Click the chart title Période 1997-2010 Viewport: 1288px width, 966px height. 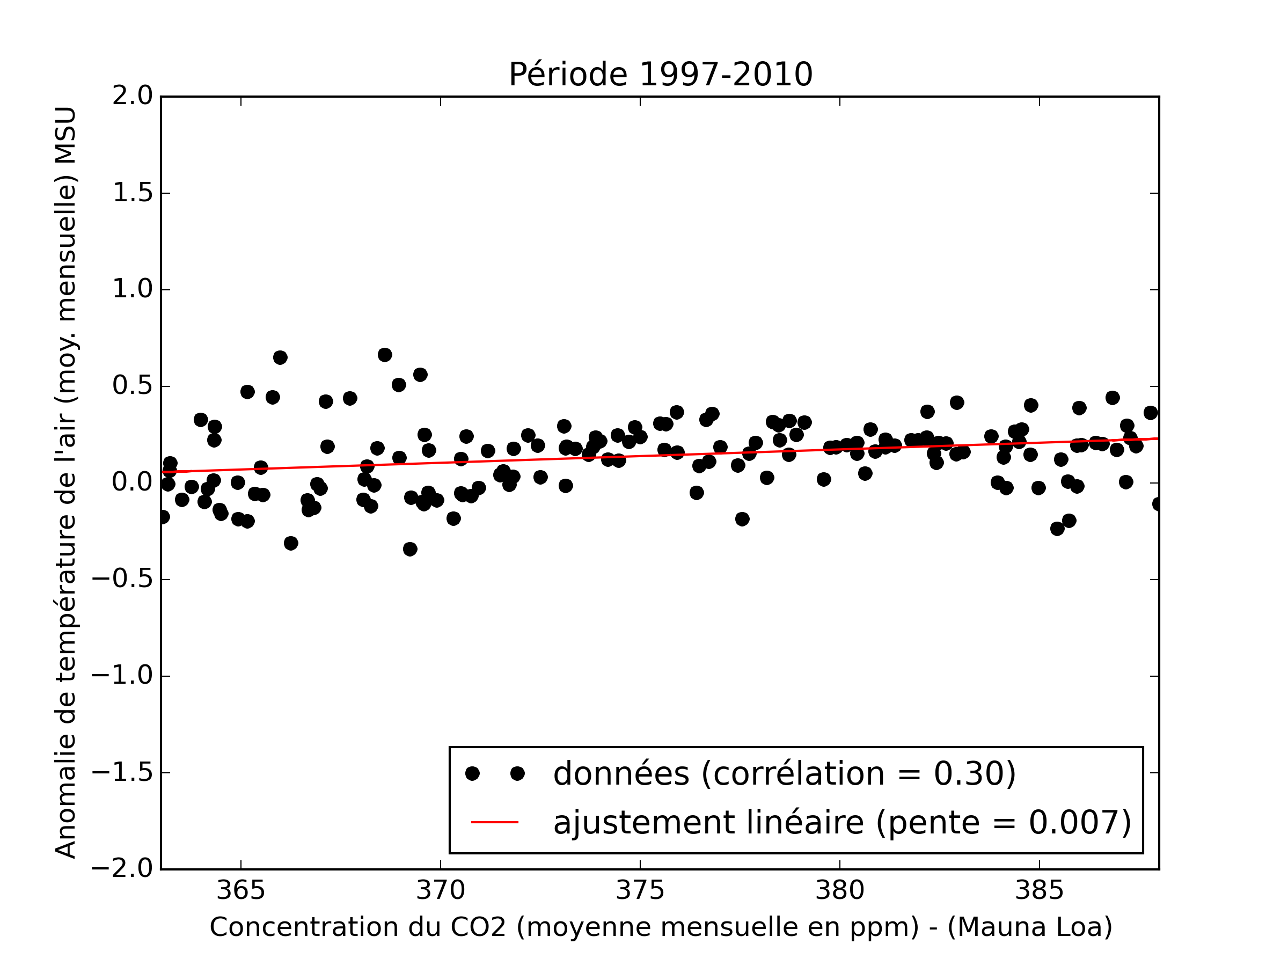click(x=660, y=75)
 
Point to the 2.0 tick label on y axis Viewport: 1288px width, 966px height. click(x=132, y=96)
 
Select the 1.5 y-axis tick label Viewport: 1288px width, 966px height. click(x=132, y=193)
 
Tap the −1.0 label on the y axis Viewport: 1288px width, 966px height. click(x=125, y=676)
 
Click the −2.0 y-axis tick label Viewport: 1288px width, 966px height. click(x=125, y=869)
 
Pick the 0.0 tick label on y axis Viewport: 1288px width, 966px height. click(x=132, y=482)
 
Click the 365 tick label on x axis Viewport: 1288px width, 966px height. click(x=240, y=891)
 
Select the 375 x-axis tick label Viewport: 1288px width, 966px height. click(x=640, y=891)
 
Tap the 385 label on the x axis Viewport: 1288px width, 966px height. click(x=1039, y=891)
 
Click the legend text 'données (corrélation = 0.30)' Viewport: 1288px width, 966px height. click(x=784, y=774)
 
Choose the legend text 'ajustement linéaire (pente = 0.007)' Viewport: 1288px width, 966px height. click(x=841, y=822)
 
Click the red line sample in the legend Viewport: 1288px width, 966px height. click(x=494, y=822)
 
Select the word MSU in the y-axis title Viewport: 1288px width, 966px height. click(x=66, y=135)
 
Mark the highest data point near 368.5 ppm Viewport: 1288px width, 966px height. click(x=384, y=355)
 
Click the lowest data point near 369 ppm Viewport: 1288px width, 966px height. click(x=410, y=549)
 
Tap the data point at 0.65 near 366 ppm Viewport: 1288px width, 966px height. click(x=280, y=357)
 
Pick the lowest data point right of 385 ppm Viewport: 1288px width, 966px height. click(x=1057, y=529)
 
